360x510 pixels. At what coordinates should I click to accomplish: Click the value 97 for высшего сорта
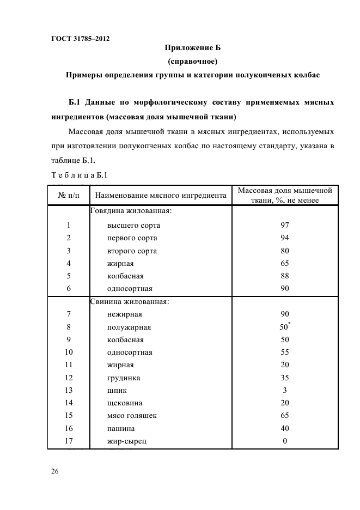pyautogui.click(x=284, y=225)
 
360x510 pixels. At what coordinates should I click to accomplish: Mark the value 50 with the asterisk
pyautogui.click(x=284, y=327)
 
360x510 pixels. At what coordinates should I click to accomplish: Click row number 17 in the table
pyautogui.click(x=69, y=441)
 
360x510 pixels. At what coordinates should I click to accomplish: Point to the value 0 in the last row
pyautogui.click(x=284, y=441)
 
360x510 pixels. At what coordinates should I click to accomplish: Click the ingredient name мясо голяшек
pyautogui.click(x=132, y=416)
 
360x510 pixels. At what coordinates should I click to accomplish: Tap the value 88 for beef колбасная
pyautogui.click(x=284, y=276)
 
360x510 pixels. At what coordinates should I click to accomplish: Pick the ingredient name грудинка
pyautogui.click(x=124, y=378)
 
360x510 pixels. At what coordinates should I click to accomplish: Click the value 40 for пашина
pyautogui.click(x=284, y=428)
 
